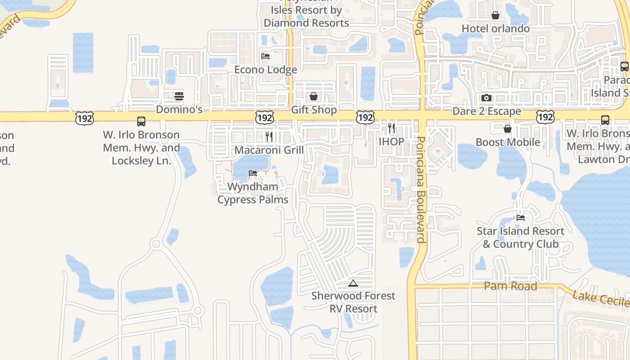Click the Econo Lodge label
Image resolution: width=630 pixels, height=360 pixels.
coord(265,70)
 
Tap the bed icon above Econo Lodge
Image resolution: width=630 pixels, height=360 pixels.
coord(265,56)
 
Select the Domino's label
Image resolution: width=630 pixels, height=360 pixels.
coord(179,109)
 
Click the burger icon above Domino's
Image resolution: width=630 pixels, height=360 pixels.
coord(179,96)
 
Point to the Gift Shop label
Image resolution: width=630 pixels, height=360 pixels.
coord(314,110)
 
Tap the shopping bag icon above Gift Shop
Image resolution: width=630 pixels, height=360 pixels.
coord(314,96)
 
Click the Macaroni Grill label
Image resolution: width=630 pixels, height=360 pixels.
coord(269,150)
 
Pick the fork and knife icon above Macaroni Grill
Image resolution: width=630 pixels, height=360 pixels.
coord(269,136)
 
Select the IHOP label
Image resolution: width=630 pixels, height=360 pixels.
coord(391,141)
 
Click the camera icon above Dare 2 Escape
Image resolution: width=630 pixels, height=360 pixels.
coord(486,98)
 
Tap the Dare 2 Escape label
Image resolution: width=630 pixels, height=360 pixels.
coord(486,111)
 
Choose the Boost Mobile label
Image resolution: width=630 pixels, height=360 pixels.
coord(508,142)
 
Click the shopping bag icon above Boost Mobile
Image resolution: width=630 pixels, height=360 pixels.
coord(508,129)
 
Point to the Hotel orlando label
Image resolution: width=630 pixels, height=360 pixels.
coord(495,28)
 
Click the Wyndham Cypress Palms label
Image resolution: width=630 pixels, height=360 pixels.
coord(253,193)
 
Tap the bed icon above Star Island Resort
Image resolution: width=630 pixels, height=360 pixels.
coord(521,217)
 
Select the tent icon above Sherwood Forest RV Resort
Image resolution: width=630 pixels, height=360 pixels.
coord(353,283)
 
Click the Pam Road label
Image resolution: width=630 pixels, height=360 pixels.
coord(510,286)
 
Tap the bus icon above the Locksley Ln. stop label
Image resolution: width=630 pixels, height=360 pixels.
coord(141,121)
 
